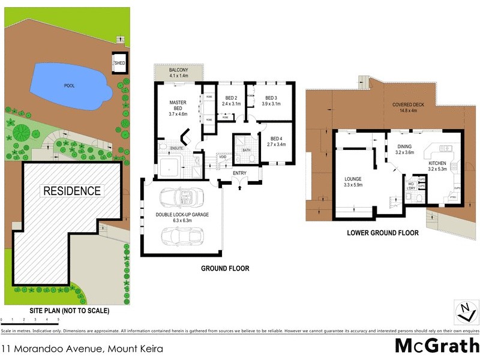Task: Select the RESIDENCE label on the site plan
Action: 71,191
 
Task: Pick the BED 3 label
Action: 271,98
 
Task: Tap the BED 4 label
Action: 277,138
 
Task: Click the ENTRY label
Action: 241,174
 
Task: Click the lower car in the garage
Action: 181,235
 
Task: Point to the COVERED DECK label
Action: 408,105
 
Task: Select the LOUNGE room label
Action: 353,179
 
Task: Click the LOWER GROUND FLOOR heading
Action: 383,232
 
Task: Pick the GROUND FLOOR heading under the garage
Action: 225,268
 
